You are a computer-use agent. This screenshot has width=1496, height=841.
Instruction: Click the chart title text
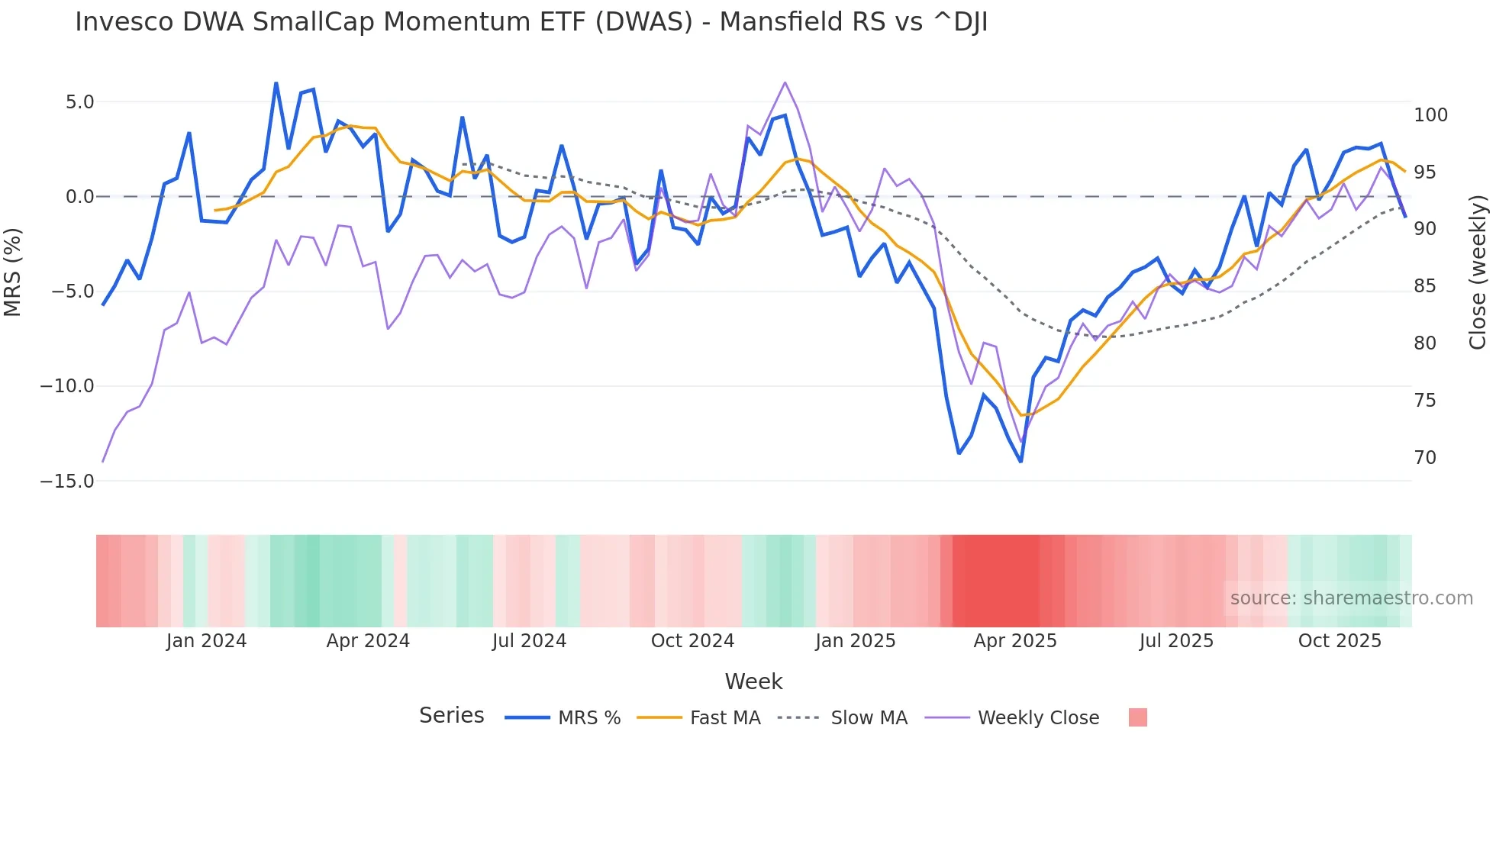[531, 23]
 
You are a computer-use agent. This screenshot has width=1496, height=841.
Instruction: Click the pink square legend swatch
[1137, 717]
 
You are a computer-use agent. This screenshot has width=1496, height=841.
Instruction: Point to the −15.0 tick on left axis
[67, 482]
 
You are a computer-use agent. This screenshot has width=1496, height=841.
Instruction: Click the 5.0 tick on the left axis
[79, 102]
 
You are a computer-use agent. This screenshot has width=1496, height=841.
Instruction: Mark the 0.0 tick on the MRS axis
[79, 197]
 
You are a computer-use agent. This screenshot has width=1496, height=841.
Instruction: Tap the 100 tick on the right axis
[1430, 115]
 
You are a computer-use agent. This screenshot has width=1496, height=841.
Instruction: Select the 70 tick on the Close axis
[1424, 458]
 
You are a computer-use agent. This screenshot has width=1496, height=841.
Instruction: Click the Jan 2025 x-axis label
[855, 641]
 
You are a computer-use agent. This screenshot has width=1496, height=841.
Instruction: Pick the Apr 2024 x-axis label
[368, 641]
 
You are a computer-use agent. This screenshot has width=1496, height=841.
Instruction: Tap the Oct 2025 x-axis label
[1340, 641]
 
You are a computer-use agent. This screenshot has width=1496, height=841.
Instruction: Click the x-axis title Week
[753, 681]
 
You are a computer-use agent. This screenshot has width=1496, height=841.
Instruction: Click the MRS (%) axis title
[13, 272]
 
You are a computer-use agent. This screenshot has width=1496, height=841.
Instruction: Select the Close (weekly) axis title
[1478, 272]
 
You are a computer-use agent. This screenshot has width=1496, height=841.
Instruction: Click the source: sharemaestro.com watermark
[1351, 598]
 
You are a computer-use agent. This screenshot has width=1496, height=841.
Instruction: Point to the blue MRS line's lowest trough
[1020, 461]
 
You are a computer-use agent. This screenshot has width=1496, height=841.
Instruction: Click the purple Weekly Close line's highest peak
[785, 82]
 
